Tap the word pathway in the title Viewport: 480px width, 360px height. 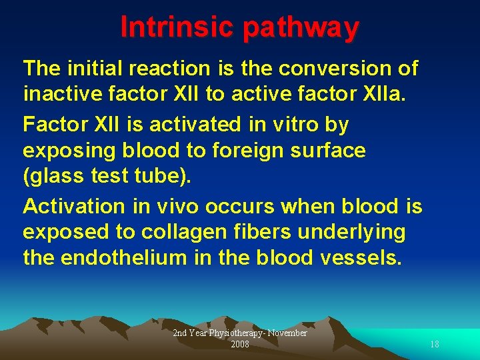[x=301, y=27]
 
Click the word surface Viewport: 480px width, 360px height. [x=332, y=151]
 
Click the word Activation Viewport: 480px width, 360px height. [x=73, y=207]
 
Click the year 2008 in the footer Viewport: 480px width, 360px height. [x=240, y=344]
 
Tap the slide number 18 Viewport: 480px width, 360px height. [x=434, y=344]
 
